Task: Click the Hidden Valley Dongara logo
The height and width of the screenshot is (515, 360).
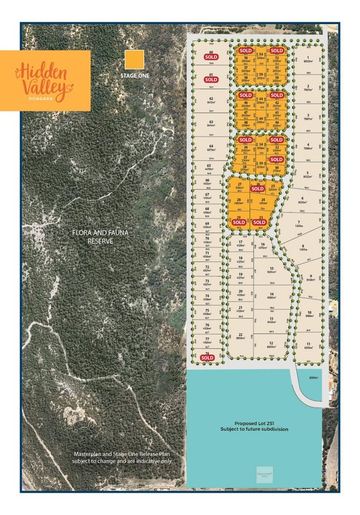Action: pos(45,80)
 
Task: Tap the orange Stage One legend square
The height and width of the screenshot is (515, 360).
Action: pos(134,59)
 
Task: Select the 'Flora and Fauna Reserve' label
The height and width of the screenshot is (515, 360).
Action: pos(93,237)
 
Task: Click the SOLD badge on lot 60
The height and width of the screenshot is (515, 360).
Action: pos(211,57)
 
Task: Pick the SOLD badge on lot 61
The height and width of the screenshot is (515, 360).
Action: pos(211,80)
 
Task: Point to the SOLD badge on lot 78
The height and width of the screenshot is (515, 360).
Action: pos(207,357)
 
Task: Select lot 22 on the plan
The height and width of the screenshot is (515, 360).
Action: pos(240,337)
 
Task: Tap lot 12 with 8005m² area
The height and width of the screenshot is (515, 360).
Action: pos(270,345)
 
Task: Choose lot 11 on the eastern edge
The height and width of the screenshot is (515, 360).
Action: pos(308,345)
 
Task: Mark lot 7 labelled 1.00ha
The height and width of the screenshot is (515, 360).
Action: pos(300,224)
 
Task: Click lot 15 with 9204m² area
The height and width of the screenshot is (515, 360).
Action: pos(271,270)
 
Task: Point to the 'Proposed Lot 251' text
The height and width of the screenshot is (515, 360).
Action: pos(254,425)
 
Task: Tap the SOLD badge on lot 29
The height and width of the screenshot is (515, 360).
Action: pos(239,222)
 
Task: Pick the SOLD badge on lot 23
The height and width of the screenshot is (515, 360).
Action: pos(258,222)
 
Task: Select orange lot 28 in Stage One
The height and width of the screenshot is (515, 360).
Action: pos(239,201)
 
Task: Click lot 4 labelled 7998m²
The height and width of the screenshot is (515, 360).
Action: pos(307,147)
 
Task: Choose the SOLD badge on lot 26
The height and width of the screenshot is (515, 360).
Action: pos(258,189)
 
